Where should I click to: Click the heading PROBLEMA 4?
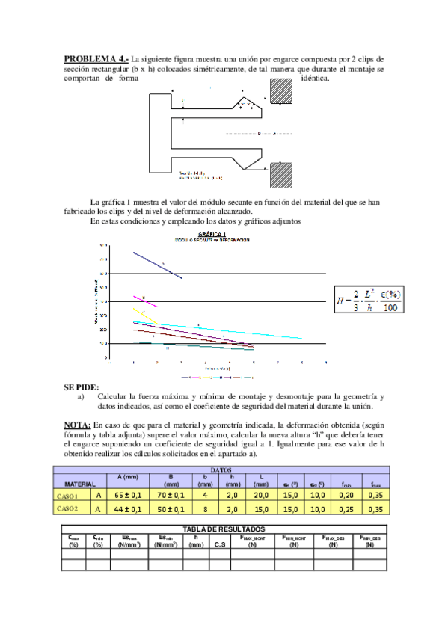click(96, 58)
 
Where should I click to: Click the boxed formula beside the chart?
click(371, 301)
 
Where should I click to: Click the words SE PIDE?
click(81, 387)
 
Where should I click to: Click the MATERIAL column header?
click(79, 484)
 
